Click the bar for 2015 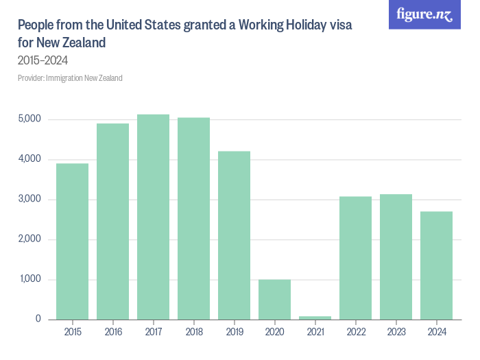(x=72, y=241)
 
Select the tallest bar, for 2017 (x=153, y=217)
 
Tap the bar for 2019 (x=234, y=235)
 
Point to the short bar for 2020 (x=274, y=300)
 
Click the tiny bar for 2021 (x=315, y=317)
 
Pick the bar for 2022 (x=355, y=258)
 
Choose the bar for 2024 (x=436, y=265)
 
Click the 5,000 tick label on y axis (x=30, y=119)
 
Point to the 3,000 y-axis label (x=30, y=200)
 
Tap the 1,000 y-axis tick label (x=30, y=280)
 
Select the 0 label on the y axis (x=38, y=320)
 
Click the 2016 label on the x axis (x=112, y=333)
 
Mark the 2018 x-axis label (x=193, y=333)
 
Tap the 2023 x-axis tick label (x=396, y=333)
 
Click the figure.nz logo (x=424, y=14)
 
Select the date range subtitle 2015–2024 (x=43, y=60)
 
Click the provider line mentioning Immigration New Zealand (x=70, y=78)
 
